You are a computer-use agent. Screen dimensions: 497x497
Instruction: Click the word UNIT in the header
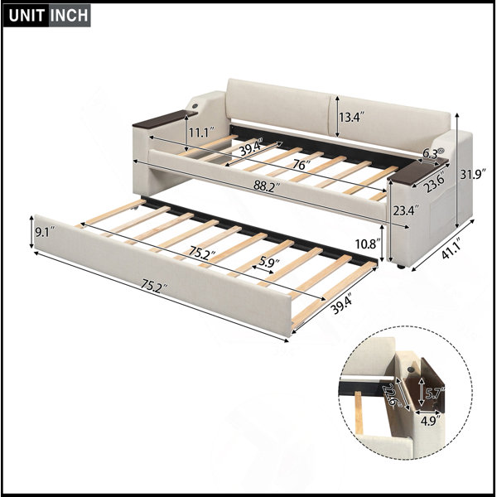[26, 15]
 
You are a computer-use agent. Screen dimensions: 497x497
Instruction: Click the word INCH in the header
[69, 15]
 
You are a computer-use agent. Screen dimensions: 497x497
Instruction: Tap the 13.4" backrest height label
[352, 117]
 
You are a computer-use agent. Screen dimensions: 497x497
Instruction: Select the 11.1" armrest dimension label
[201, 132]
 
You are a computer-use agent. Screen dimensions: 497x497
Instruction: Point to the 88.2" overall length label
[267, 186]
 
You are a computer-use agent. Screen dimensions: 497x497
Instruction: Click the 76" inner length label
[302, 165]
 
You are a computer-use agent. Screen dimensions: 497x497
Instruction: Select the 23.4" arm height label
[406, 210]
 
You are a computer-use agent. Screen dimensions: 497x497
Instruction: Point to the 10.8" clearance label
[367, 244]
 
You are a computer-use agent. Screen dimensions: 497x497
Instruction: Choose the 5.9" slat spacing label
[269, 262]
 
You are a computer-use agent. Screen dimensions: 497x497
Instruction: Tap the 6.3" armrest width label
[433, 154]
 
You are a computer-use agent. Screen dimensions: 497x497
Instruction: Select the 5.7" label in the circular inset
[435, 393]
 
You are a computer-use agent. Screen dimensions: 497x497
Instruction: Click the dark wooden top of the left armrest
[165, 118]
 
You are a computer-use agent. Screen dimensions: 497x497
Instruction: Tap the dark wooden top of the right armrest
[417, 171]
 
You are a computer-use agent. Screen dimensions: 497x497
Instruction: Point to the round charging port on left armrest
[194, 106]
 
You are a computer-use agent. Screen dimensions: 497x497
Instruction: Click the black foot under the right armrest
[401, 267]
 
